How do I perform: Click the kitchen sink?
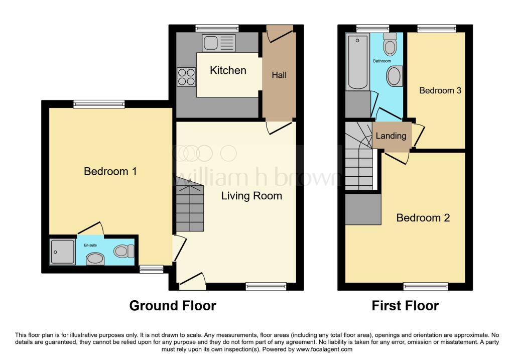[219, 43]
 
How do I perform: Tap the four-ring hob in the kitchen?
[186, 77]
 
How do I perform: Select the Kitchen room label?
[228, 70]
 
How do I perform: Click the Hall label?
[279, 75]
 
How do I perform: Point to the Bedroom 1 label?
[110, 171]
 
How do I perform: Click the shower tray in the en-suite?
[62, 252]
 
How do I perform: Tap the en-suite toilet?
[124, 252]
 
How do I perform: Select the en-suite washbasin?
[95, 259]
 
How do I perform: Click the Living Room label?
[251, 196]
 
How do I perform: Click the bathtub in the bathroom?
[357, 62]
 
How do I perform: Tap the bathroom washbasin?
[395, 76]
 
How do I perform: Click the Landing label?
[391, 136]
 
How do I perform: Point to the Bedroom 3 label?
[440, 90]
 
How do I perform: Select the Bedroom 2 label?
[423, 218]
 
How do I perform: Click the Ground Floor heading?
[173, 306]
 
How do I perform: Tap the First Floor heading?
[405, 306]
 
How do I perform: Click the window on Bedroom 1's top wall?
[99, 104]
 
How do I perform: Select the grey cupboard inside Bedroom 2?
[363, 209]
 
